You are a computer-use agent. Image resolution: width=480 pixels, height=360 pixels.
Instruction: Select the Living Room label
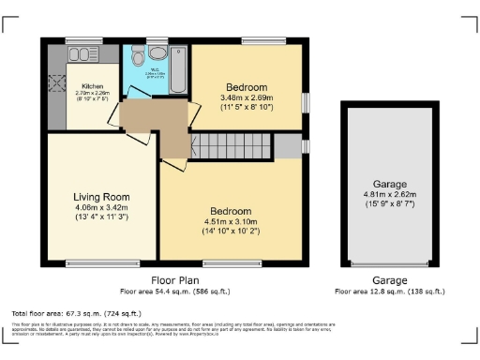pyautogui.click(x=101, y=197)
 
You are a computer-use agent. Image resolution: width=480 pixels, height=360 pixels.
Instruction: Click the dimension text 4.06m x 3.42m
pyautogui.click(x=101, y=208)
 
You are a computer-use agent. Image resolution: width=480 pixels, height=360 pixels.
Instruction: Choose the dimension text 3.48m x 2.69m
pyautogui.click(x=247, y=97)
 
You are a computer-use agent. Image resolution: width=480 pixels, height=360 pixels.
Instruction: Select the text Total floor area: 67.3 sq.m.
pyautogui.click(x=62, y=312)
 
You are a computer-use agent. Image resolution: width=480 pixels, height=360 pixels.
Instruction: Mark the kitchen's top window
pyautogui.click(x=83, y=39)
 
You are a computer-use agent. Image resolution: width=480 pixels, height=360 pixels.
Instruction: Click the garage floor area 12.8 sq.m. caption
pyautogui.click(x=390, y=292)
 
